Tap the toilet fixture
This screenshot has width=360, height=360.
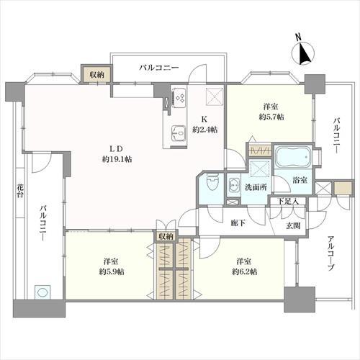pyautogui.click(x=212, y=183)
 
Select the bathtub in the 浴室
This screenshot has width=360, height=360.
pyautogui.click(x=293, y=157)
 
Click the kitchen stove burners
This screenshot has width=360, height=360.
pyautogui.click(x=179, y=98)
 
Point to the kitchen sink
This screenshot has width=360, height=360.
pyautogui.click(x=179, y=133)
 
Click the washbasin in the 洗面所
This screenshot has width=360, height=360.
pyautogui.click(x=233, y=186)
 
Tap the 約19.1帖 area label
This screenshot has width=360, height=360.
pyautogui.click(x=117, y=159)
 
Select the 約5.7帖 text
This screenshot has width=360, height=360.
pyautogui.click(x=271, y=117)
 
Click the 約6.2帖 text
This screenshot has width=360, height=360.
pyautogui.click(x=245, y=271)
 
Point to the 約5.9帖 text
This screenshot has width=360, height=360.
pyautogui.click(x=112, y=271)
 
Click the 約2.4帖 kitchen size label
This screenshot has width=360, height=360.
pyautogui.click(x=204, y=130)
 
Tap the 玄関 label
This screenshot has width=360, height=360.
pyautogui.click(x=293, y=225)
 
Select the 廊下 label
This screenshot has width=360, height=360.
pyautogui.click(x=238, y=223)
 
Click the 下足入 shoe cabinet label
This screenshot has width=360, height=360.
pyautogui.click(x=288, y=201)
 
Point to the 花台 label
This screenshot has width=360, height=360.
pyautogui.click(x=20, y=190)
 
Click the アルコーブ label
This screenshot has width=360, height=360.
pyautogui.click(x=331, y=253)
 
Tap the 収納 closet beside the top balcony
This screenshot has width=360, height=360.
pyautogui.click(x=97, y=74)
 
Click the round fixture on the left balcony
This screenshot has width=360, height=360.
pyautogui.click(x=42, y=292)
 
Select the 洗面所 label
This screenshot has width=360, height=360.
pyautogui.click(x=256, y=187)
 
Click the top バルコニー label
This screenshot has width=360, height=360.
pyautogui.click(x=159, y=67)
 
